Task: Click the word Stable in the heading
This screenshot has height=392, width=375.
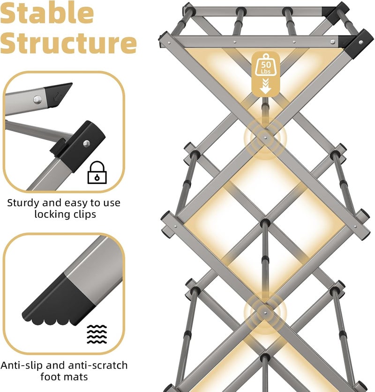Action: pyautogui.click(x=47, y=13)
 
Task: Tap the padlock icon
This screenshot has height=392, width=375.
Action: pyautogui.click(x=97, y=172)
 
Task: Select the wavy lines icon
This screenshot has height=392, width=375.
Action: pyautogui.click(x=97, y=334)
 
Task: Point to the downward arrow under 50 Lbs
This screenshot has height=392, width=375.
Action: pyautogui.click(x=265, y=86)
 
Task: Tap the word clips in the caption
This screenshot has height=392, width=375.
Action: pyautogui.click(x=83, y=214)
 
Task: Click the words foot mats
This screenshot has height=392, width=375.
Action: pyautogui.click(x=64, y=377)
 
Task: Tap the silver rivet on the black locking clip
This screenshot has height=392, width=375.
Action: pyautogui.click(x=87, y=143)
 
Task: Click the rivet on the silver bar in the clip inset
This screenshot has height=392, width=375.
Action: pyautogui.click(x=37, y=99)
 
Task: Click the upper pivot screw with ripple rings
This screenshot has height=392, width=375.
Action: pyautogui.click(x=265, y=137)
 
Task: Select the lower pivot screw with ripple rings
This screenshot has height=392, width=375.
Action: pyautogui.click(x=265, y=313)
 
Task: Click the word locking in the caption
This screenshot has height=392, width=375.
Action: pyautogui.click(x=51, y=215)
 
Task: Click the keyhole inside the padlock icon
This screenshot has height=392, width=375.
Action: pyautogui.click(x=97, y=178)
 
